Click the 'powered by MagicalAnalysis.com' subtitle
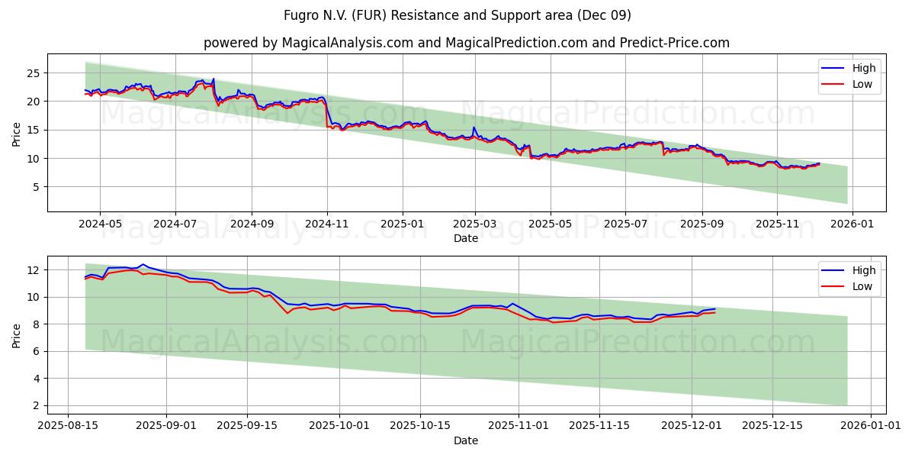pyautogui.click(x=466, y=43)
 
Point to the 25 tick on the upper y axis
pyautogui.click(x=34, y=73)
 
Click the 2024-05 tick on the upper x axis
pyautogui.click(x=101, y=224)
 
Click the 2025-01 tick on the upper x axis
pyautogui.click(x=401, y=224)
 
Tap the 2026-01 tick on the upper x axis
pyautogui.click(x=852, y=224)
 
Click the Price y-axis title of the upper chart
pyautogui.click(x=17, y=133)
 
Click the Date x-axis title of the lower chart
pyautogui.click(x=466, y=440)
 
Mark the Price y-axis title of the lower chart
pyautogui.click(x=17, y=335)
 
